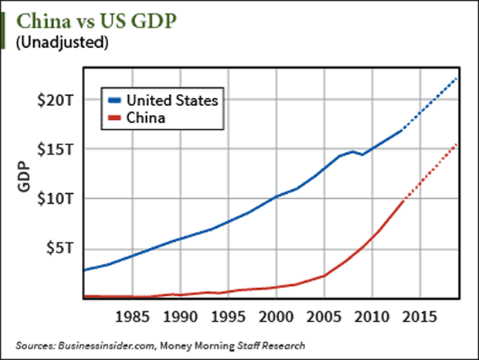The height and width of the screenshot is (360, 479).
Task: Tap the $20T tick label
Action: pyautogui.click(x=56, y=100)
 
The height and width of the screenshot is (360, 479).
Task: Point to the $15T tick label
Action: pyautogui.click(x=56, y=149)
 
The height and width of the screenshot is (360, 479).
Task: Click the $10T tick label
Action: pyautogui.click(x=56, y=199)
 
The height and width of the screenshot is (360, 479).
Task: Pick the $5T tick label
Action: pyautogui.click(x=60, y=248)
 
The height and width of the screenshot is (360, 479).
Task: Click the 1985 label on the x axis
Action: pyautogui.click(x=130, y=317)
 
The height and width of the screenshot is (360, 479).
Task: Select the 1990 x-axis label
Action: pyautogui.click(x=178, y=317)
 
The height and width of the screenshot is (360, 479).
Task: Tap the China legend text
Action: pyautogui.click(x=147, y=117)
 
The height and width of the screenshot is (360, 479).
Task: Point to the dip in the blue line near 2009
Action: pyautogui.click(x=362, y=155)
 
